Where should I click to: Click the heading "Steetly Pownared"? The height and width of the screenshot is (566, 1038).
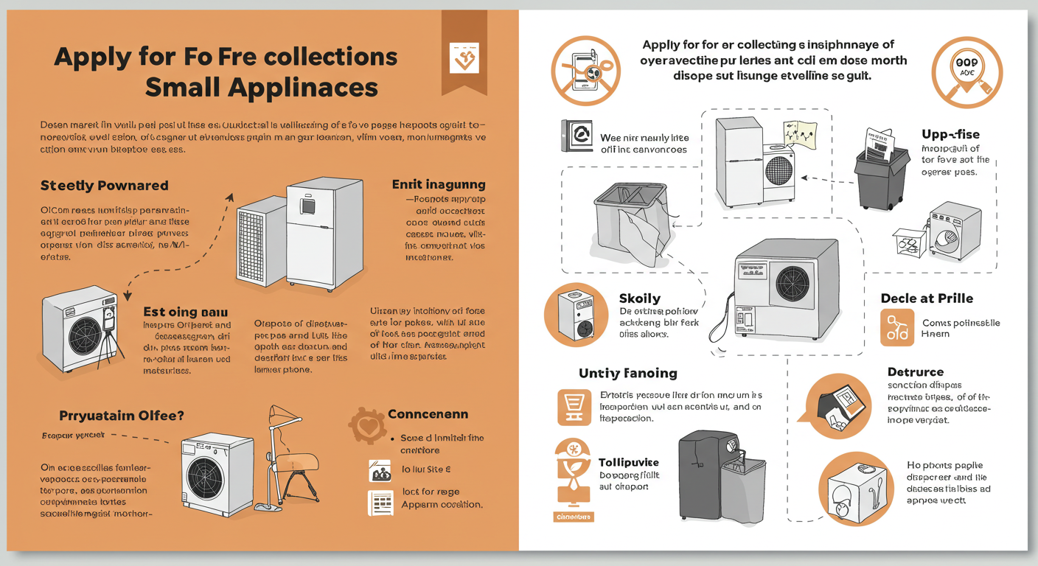[x=104, y=185]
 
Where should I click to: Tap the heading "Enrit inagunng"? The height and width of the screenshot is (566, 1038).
[x=438, y=184]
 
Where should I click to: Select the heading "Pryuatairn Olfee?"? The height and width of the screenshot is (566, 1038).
[x=111, y=416]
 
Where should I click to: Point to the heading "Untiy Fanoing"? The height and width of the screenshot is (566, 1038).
[x=627, y=374]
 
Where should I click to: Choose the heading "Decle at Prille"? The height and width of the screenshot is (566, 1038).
[x=927, y=298]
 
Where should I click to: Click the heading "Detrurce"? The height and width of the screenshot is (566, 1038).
[x=916, y=372]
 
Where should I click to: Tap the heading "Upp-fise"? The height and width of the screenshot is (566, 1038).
[x=950, y=134]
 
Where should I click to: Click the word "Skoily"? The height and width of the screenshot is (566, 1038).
[x=640, y=299]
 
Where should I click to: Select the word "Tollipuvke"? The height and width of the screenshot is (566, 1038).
[x=629, y=462]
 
